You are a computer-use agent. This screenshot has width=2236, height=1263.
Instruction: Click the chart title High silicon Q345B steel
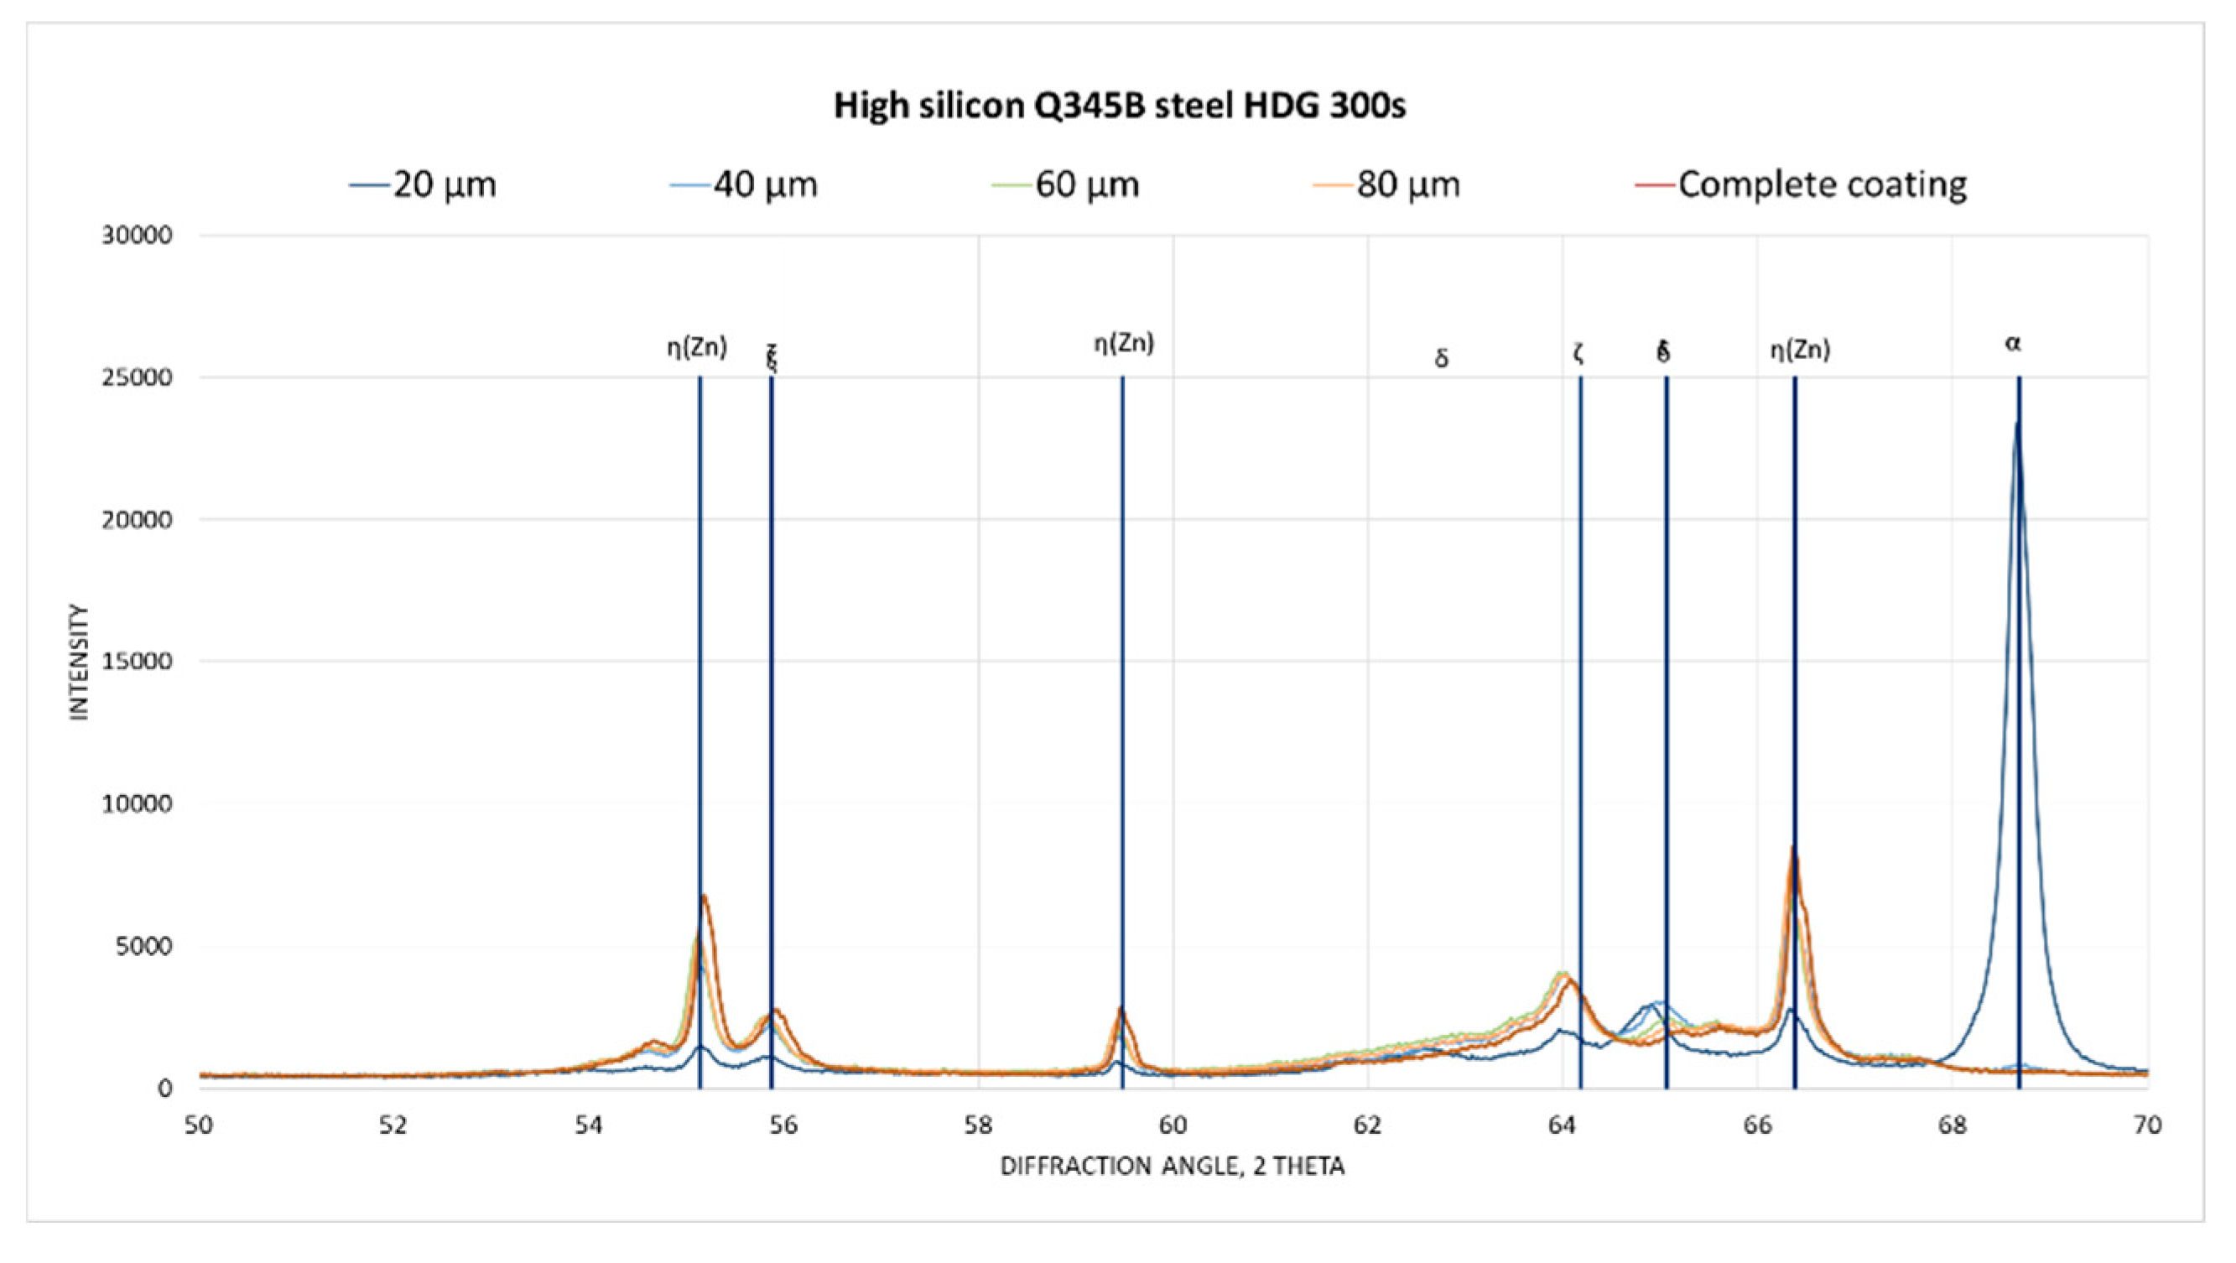tap(1119, 106)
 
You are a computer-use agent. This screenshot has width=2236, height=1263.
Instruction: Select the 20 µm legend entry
tap(424, 185)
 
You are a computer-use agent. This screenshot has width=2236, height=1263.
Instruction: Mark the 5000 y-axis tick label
tap(144, 946)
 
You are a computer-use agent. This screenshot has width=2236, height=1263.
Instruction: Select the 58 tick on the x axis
tap(978, 1125)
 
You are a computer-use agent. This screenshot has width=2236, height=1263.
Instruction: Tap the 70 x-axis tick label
tap(2146, 1125)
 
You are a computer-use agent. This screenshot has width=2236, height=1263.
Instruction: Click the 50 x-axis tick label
tap(199, 1125)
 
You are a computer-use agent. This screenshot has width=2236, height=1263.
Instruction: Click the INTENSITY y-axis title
tap(80, 663)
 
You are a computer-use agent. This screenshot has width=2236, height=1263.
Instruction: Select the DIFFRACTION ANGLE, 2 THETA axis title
tap(1173, 1167)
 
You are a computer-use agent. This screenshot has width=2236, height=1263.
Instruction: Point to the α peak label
tap(2013, 344)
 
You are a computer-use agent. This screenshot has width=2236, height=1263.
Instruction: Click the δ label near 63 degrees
tap(1441, 358)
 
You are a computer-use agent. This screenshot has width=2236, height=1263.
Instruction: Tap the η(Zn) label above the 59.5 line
tap(1123, 344)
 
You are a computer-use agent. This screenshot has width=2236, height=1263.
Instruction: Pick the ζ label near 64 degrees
tap(1578, 353)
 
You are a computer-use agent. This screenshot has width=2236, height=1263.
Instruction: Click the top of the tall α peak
tap(2016, 424)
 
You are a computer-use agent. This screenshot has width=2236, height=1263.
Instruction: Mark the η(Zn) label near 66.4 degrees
tap(1800, 351)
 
